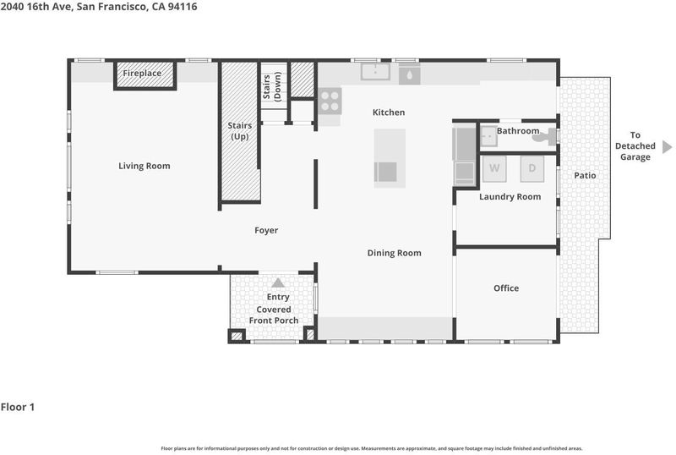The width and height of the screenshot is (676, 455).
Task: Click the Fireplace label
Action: point(142,73)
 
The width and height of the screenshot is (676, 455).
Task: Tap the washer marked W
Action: point(494,168)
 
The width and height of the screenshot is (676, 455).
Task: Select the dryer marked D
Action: point(532,168)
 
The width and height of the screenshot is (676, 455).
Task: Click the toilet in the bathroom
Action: point(543,137)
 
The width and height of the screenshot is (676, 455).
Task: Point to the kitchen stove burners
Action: point(330,101)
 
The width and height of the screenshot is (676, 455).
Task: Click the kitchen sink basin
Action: point(375,72)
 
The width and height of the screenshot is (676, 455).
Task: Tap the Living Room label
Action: point(144,166)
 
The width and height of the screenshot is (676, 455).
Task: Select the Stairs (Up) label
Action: point(240,131)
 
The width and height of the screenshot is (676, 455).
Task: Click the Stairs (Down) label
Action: point(271,87)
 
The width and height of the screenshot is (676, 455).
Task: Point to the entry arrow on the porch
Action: point(278,282)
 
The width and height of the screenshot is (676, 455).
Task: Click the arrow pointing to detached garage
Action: point(667,147)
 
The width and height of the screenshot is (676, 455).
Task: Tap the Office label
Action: point(506,288)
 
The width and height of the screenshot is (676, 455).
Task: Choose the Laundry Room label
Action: point(510,197)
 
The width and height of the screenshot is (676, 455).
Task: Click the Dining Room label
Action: point(394,253)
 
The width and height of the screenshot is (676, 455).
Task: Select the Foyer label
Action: point(266,231)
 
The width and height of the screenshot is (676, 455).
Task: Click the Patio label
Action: point(585,175)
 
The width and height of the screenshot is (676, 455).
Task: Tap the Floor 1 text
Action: point(18,407)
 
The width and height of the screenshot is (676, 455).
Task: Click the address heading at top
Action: point(99,7)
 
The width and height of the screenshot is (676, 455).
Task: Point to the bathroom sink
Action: point(489,136)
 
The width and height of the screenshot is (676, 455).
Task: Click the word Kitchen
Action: point(389,112)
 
